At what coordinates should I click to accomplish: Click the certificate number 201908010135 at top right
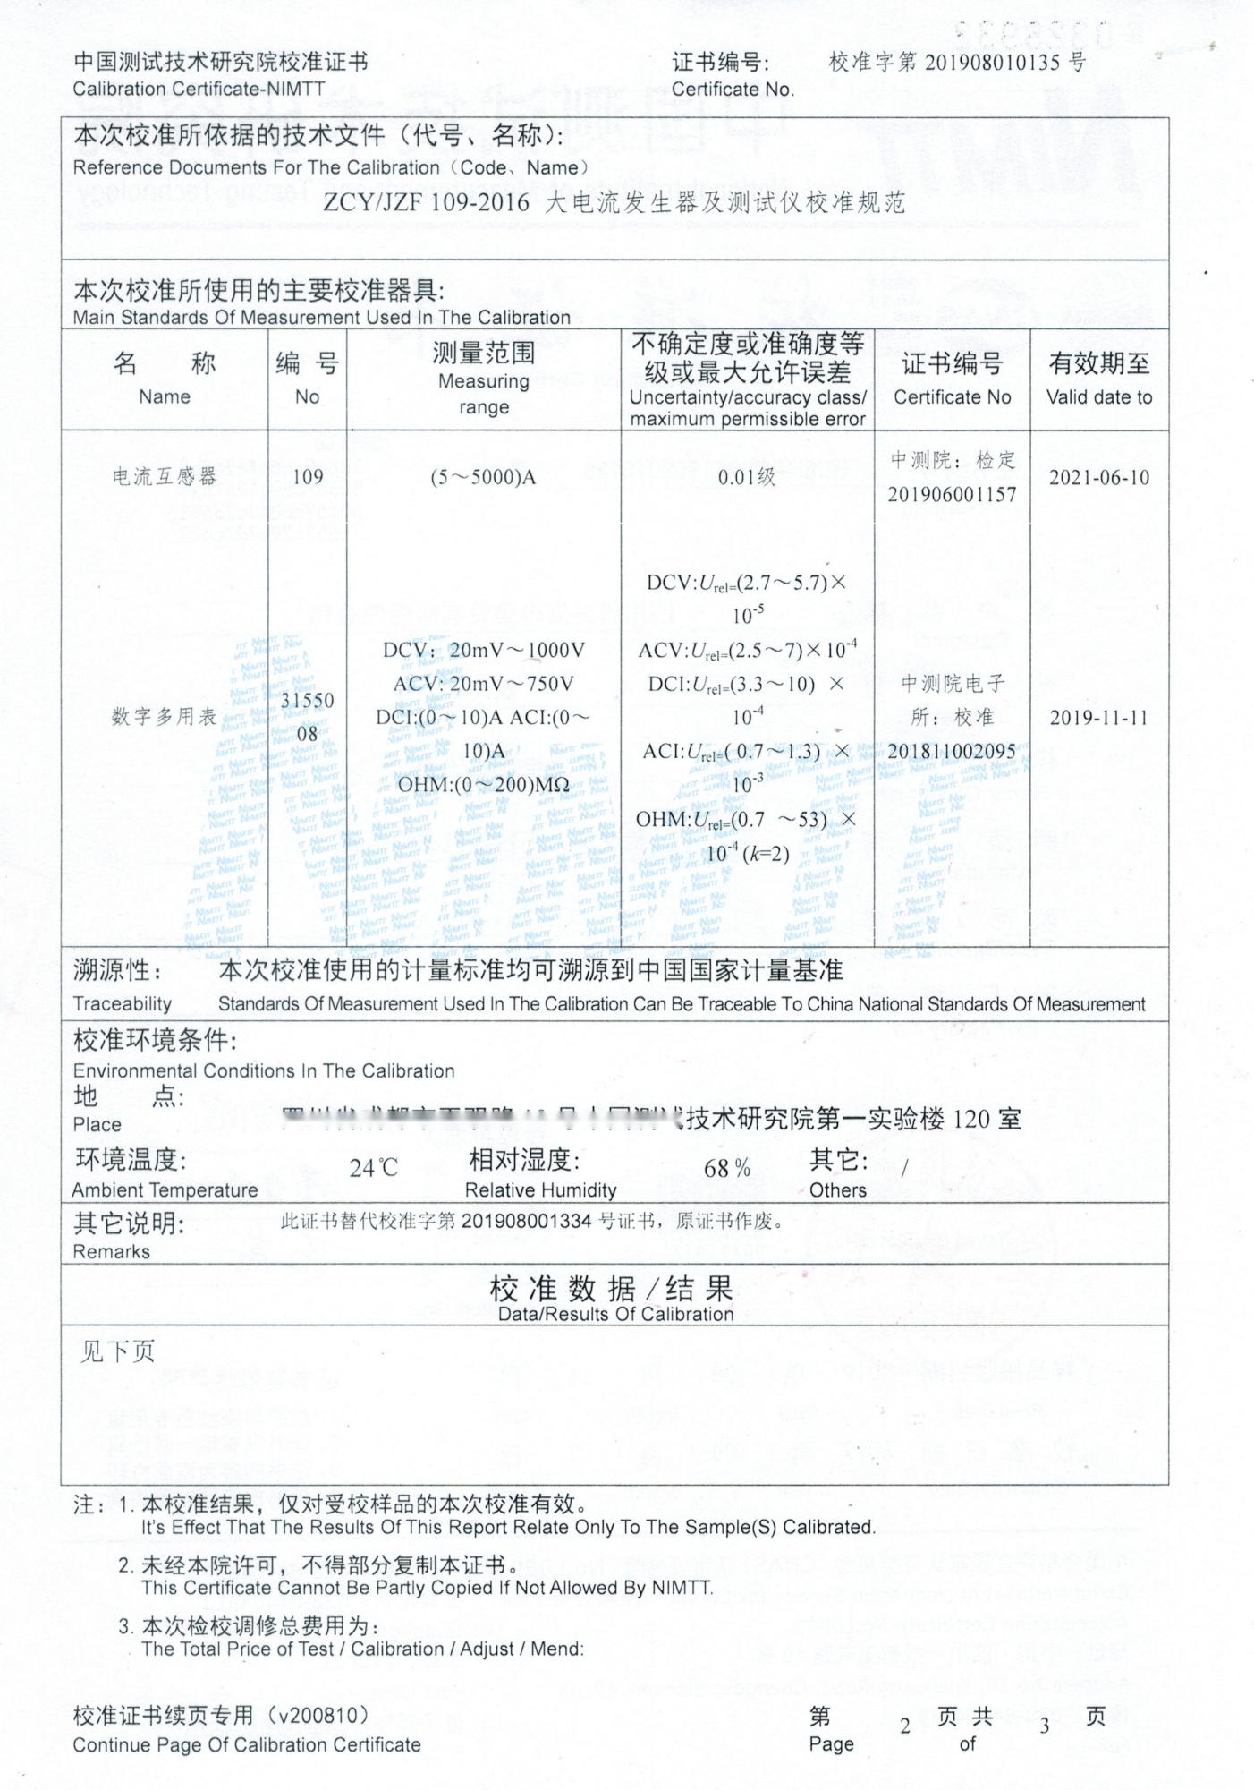(994, 62)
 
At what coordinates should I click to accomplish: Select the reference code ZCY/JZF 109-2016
(426, 201)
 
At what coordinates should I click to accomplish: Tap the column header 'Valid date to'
(1098, 397)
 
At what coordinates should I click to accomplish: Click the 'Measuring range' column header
(484, 394)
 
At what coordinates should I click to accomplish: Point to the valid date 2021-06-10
(1098, 477)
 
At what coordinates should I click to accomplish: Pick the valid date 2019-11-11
(1097, 717)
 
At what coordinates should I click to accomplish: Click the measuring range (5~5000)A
(483, 477)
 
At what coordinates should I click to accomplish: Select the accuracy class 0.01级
(747, 477)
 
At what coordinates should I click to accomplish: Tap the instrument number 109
(307, 477)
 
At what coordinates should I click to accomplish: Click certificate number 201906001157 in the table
(952, 494)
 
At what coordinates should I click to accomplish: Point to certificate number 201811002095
(952, 751)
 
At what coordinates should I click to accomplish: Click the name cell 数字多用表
(165, 717)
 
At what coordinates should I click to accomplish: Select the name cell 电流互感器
(165, 477)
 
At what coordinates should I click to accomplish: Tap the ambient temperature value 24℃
(373, 1168)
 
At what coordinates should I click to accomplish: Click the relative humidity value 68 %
(726, 1168)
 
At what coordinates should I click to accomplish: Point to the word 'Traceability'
(122, 1003)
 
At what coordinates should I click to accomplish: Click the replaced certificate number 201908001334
(526, 1221)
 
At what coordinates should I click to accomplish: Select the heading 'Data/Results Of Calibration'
(615, 1314)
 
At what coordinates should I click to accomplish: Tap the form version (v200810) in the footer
(323, 1715)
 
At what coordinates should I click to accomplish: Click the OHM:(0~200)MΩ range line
(483, 785)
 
